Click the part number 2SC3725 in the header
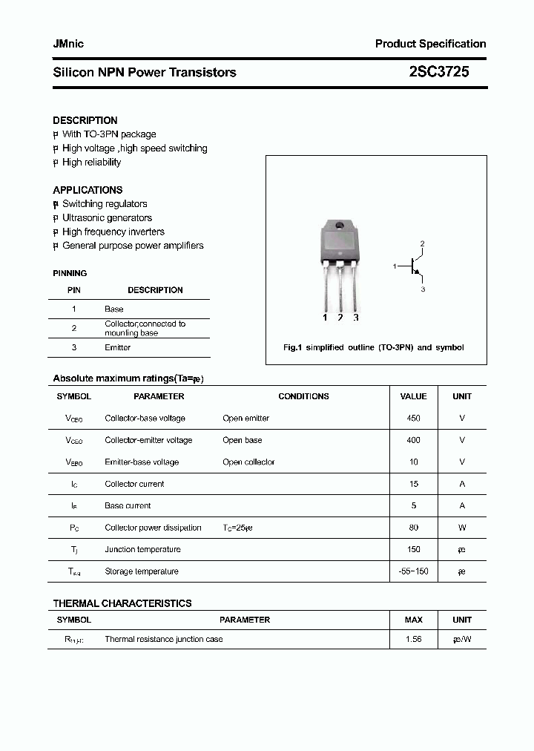pos(438,72)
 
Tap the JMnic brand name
pos(68,44)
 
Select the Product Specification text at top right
pos(430,44)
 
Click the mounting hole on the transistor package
pos(339,226)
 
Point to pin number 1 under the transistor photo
pos(325,318)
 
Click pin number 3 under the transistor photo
pos(356,318)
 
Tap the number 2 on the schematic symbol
pos(422,243)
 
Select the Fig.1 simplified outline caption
pos(374,347)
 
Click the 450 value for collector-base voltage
pos(413,419)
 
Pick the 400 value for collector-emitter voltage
pos(413,440)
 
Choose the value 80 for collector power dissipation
pos(413,528)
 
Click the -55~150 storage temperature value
pos(413,571)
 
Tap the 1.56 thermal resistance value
pos(413,639)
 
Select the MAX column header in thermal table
pos(413,620)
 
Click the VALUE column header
pos(413,396)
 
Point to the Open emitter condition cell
pos(245,419)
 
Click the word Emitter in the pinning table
pos(117,347)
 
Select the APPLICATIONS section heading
pos(88,190)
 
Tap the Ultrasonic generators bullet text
pos(107,218)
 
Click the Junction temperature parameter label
pos(142,550)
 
